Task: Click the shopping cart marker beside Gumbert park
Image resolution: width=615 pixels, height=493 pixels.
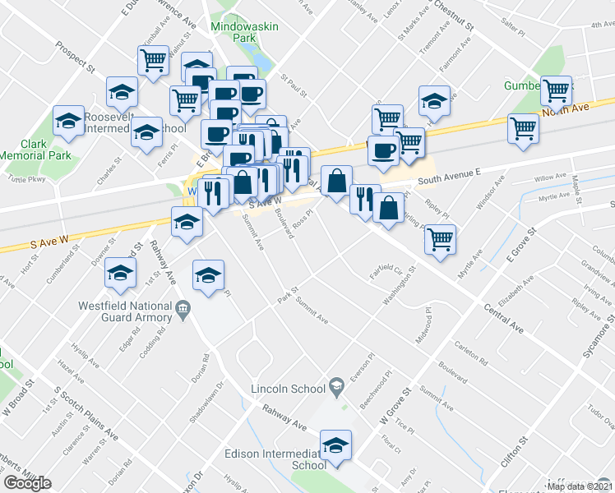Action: [x=557, y=90]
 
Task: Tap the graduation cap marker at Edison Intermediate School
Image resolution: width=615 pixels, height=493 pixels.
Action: [x=335, y=446]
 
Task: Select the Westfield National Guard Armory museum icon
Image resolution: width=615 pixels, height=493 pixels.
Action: [x=183, y=309]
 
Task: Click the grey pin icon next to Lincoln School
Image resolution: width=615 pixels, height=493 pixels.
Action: [x=335, y=385]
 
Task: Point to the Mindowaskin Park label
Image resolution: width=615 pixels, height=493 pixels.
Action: [x=245, y=32]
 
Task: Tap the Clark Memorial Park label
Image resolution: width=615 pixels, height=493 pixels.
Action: [x=33, y=149]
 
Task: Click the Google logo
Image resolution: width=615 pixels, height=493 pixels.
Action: [x=27, y=482]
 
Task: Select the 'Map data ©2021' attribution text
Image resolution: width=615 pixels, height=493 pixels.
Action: [x=579, y=486]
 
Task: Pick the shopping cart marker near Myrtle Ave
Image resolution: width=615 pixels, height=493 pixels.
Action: [x=441, y=239]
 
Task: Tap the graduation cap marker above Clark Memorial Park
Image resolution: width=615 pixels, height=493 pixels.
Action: [x=68, y=122]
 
